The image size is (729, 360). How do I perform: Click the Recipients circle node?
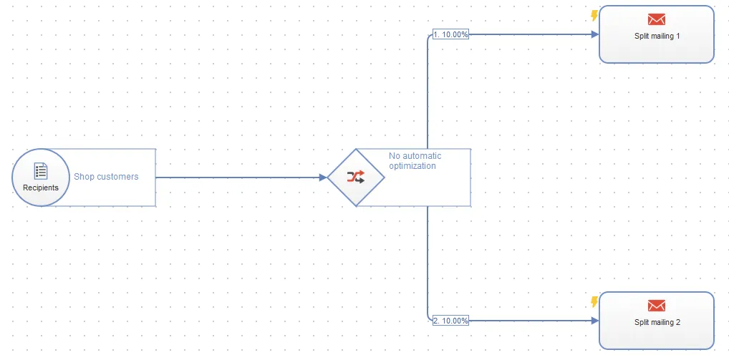tap(41, 177)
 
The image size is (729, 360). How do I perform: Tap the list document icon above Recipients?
tap(41, 171)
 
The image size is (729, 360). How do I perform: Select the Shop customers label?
tap(106, 177)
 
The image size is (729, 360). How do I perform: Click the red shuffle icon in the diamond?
tap(356, 177)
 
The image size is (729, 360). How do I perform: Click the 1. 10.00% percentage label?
tap(450, 34)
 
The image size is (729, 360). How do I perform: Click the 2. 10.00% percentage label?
tap(450, 321)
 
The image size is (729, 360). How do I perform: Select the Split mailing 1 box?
tap(657, 34)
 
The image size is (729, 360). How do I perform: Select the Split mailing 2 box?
tap(657, 321)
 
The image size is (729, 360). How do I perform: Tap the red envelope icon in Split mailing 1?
tap(657, 19)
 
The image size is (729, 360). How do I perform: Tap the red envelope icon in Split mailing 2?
tap(657, 306)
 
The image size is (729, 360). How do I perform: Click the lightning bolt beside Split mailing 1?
tap(594, 16)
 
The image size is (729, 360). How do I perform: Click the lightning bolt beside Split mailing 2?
tap(594, 303)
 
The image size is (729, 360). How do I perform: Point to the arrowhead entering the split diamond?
tap(324, 177)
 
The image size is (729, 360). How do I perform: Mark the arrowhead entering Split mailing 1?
tap(594, 34)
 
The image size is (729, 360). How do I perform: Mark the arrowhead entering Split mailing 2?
tap(594, 321)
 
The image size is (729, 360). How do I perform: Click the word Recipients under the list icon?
tap(41, 188)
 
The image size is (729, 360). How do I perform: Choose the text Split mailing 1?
tap(657, 36)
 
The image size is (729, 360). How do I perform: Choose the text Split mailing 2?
tap(657, 322)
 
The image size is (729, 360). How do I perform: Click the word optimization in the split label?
tap(412, 166)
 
